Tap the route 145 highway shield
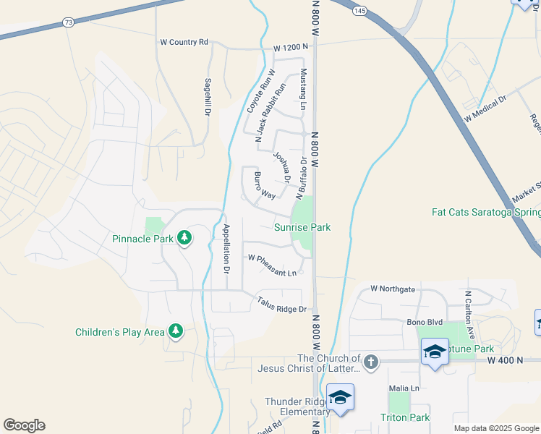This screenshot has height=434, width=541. coord(359,10)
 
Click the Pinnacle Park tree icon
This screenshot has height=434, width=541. coord(184,237)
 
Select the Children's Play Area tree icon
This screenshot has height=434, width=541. coord(175,331)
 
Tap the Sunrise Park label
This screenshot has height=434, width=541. coord(302,227)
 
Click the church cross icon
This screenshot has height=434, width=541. coord(370,361)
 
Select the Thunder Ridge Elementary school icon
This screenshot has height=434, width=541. coord(340,397)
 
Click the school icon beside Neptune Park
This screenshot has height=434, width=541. coord(434,352)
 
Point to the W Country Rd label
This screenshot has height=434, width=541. coord(184,42)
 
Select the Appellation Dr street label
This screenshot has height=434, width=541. coord(226,248)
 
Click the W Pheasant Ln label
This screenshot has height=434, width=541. coord(272,265)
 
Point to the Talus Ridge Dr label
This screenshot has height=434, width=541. coord(282,305)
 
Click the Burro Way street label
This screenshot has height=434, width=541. coord(264,186)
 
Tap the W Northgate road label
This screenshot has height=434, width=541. coord(393,289)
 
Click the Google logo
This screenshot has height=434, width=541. coord(24,425)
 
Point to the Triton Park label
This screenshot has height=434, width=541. coord(405,417)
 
